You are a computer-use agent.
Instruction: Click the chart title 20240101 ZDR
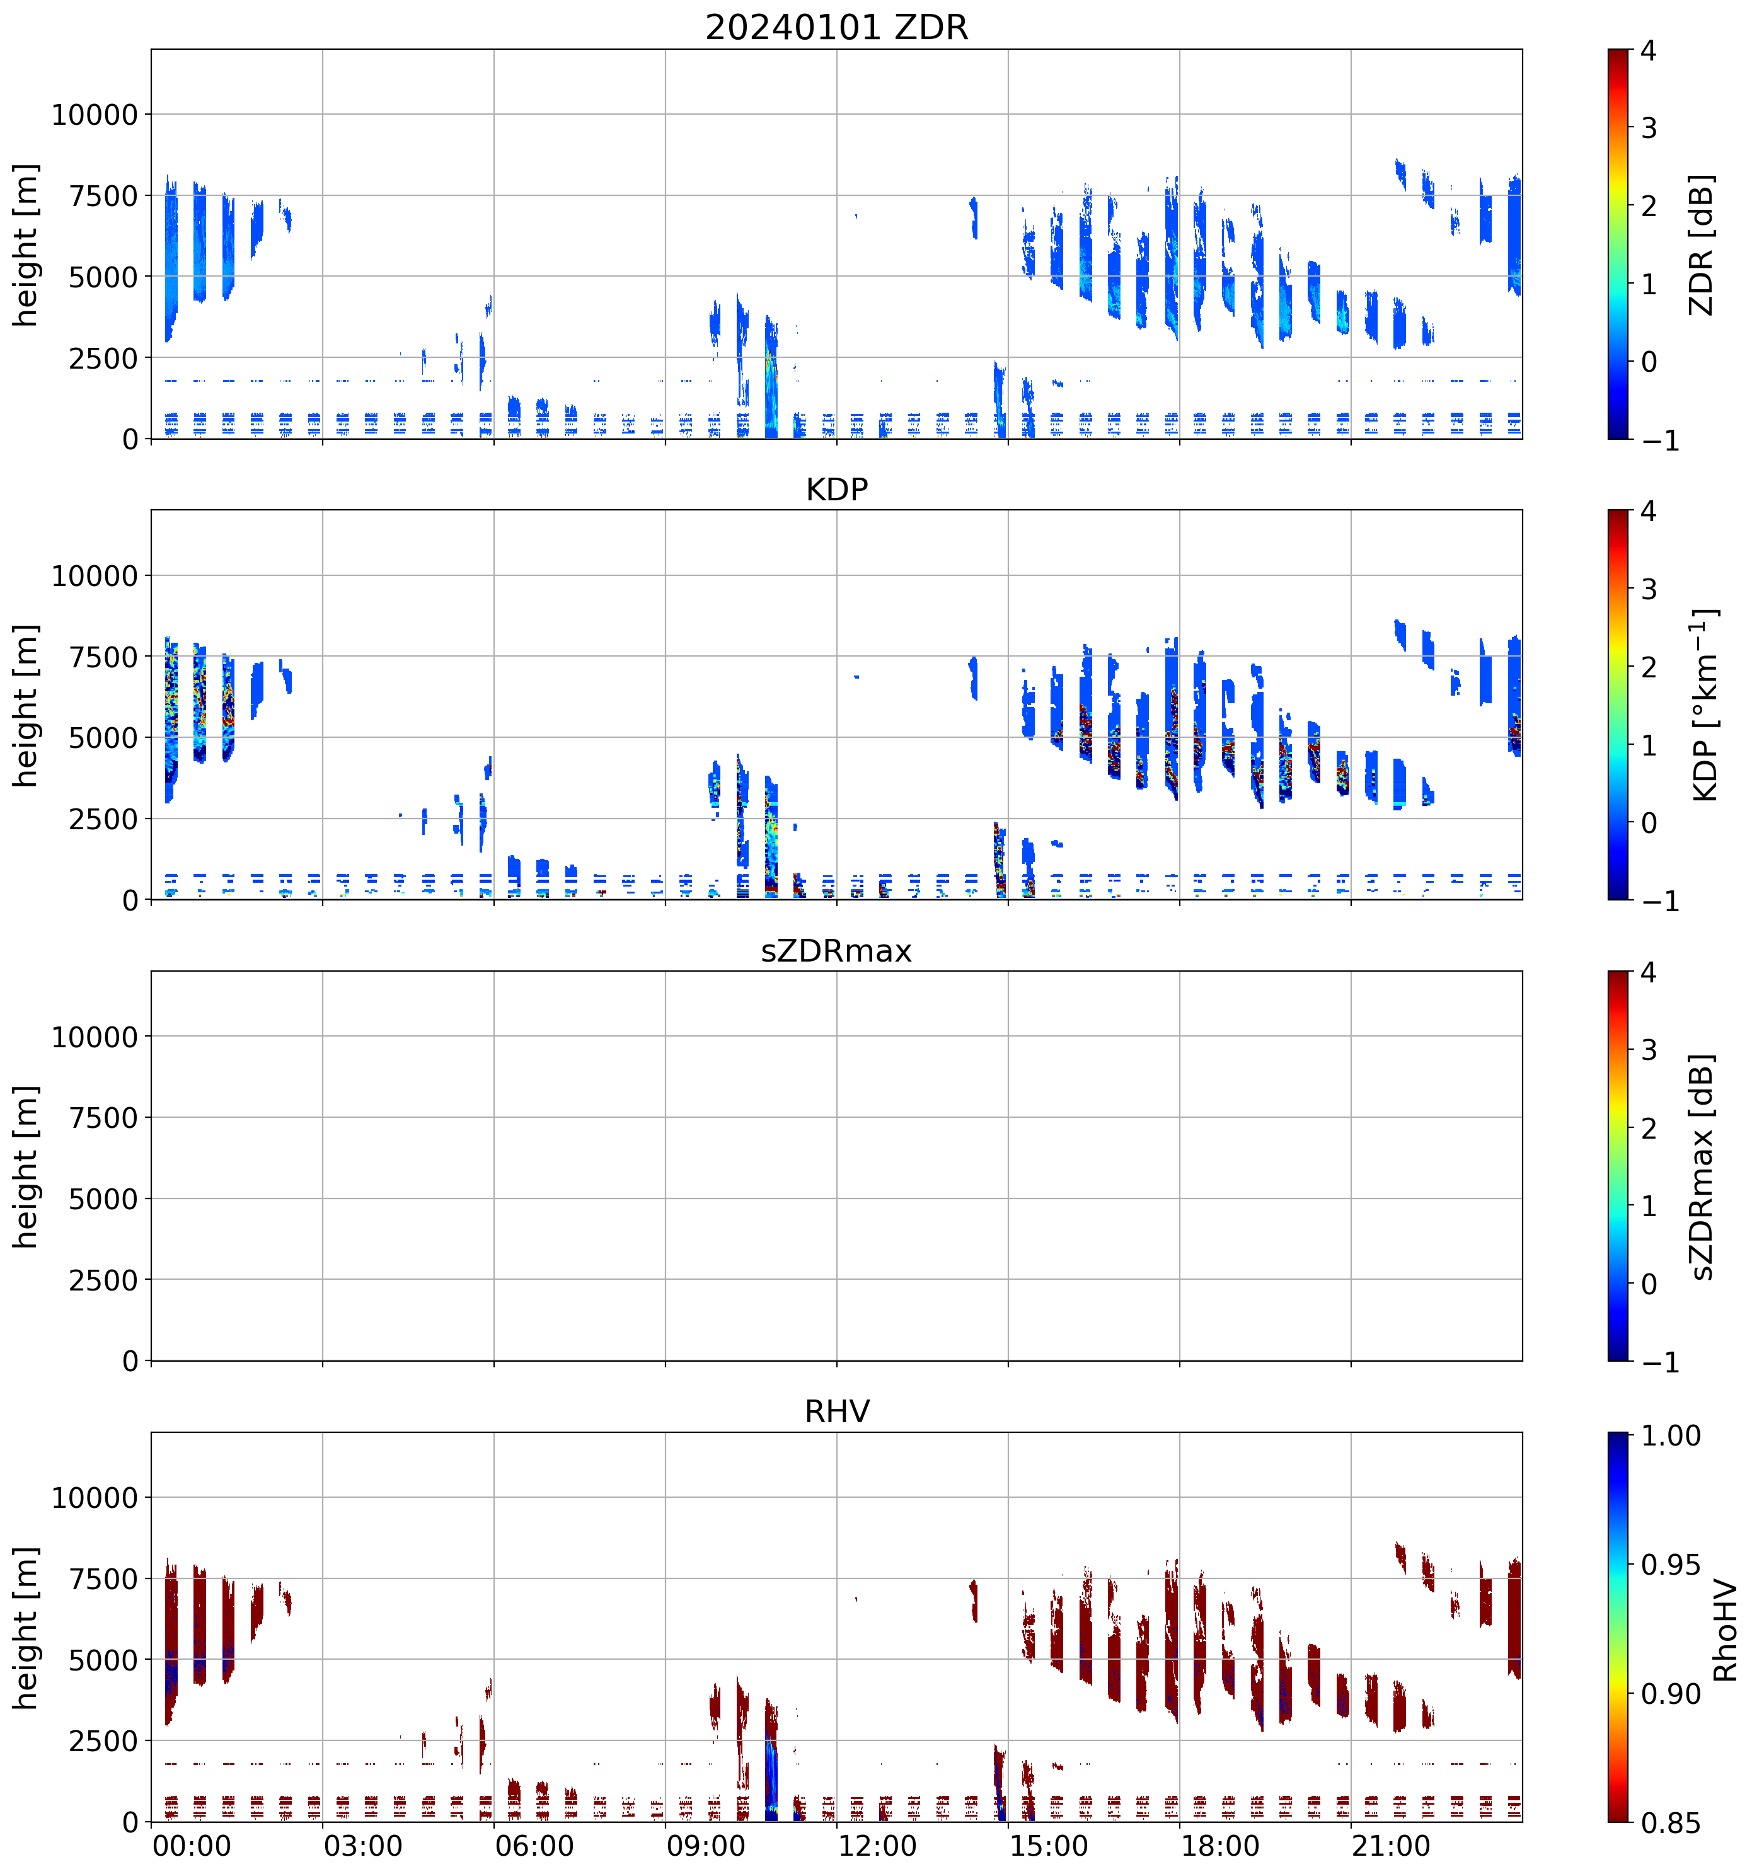836,27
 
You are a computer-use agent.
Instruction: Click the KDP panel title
836,489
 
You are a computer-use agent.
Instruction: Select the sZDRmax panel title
836,950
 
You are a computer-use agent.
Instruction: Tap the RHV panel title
836,1411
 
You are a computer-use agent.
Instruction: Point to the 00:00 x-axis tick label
192,1846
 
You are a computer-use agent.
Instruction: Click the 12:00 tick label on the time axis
877,1846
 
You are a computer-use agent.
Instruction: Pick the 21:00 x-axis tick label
1391,1846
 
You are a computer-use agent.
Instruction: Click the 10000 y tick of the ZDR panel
95,115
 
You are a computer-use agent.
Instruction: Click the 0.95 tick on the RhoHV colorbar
1671,1566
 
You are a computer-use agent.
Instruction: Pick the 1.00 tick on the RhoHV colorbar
1671,1435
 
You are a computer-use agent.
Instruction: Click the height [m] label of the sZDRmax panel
25,1166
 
